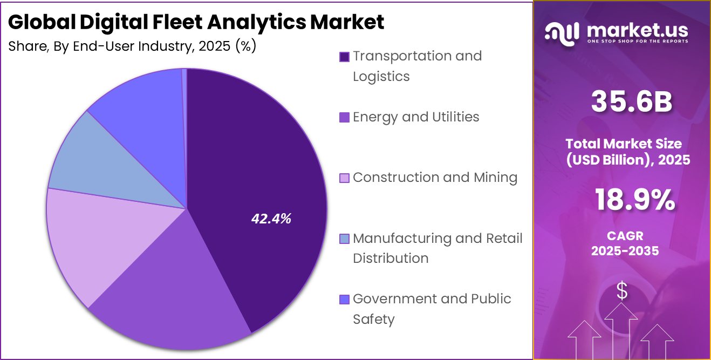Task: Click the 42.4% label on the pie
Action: (271, 219)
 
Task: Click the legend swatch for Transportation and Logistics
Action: (344, 57)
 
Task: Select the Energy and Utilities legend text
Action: (415, 117)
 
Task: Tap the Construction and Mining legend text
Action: (435, 178)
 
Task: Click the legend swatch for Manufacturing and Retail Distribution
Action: (344, 239)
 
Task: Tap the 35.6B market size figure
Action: (631, 102)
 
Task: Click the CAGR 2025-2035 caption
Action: (624, 243)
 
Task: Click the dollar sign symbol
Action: (622, 291)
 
